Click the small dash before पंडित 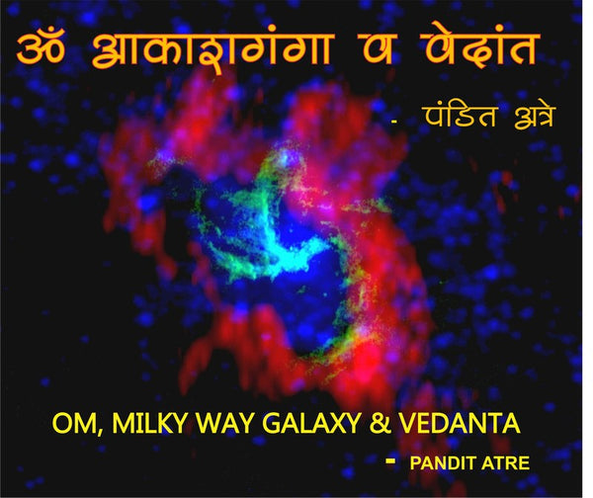[x=394, y=122]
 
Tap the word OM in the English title [x=74, y=423]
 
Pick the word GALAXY [x=311, y=423]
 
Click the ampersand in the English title [x=380, y=423]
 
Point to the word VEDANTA [x=460, y=423]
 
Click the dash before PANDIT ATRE [x=390, y=460]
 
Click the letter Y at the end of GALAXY [x=351, y=423]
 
